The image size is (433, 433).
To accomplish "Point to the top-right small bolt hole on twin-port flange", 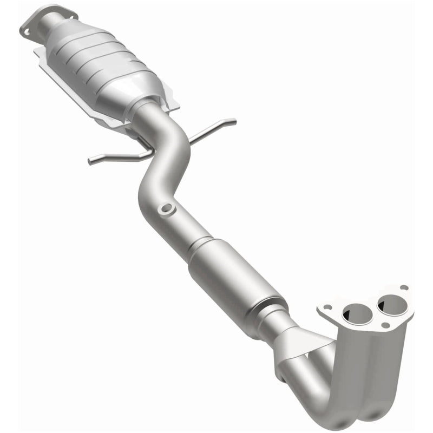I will [403, 288].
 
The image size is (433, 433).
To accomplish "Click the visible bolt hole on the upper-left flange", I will [26, 31].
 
